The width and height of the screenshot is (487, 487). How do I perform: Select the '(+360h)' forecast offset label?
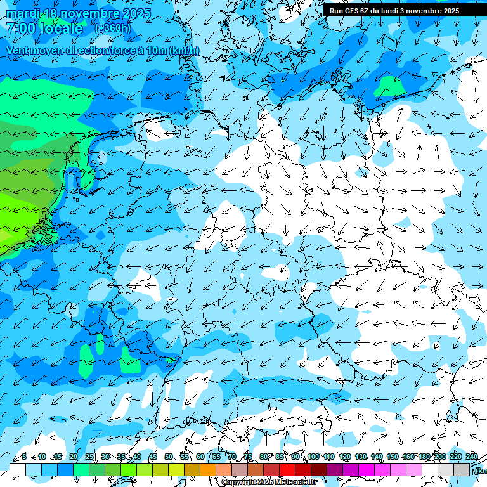pyautogui.click(x=112, y=29)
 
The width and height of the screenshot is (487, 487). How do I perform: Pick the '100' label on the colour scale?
pyautogui.click(x=313, y=457)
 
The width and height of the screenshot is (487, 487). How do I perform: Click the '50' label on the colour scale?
pyautogui.click(x=169, y=457)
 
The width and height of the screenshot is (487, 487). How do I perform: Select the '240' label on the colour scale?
pyautogui.click(x=472, y=457)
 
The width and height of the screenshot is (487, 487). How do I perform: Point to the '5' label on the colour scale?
pyautogui.click(x=24, y=457)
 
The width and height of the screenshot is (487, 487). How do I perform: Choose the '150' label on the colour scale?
pyautogui.click(x=393, y=457)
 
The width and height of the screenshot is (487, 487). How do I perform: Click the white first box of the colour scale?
pyautogui.click(x=18, y=469)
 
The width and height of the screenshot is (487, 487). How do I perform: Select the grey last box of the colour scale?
pyautogui.click(x=462, y=469)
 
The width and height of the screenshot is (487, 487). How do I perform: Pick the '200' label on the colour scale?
pyautogui.click(x=440, y=457)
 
